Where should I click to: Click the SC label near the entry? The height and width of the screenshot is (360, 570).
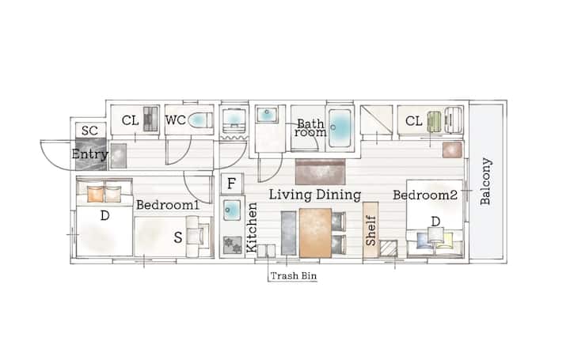pos(89,131)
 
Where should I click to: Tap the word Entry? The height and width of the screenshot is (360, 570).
pos(89,154)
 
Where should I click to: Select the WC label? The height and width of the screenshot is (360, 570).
pos(176,120)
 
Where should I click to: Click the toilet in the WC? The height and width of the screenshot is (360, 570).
pos(200,120)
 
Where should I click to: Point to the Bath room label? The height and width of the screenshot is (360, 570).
pos(310,128)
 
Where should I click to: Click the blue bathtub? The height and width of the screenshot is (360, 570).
pos(340,128)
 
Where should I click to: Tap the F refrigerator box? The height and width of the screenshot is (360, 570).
pos(231,184)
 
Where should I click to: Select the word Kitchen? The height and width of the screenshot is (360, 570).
pos(252,227)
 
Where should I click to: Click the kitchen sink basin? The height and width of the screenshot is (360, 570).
pos(231,210)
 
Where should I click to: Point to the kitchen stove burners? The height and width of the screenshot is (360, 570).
pos(232,244)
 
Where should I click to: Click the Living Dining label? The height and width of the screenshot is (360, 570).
pos(315,195)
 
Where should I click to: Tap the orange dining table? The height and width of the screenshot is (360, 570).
pos(315,233)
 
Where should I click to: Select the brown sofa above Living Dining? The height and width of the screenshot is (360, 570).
pos(321,172)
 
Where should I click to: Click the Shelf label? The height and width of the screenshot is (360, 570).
pos(370,230)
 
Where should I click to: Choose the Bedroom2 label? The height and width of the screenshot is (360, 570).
pos(425,195)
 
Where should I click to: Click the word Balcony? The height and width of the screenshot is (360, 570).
pos(485,181)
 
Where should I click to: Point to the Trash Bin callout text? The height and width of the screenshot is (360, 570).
pos(294,276)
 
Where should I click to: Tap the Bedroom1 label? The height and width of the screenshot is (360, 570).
pos(168,205)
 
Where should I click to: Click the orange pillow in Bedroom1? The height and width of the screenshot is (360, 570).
pos(96,194)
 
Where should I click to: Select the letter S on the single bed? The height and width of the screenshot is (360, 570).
pos(178,237)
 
